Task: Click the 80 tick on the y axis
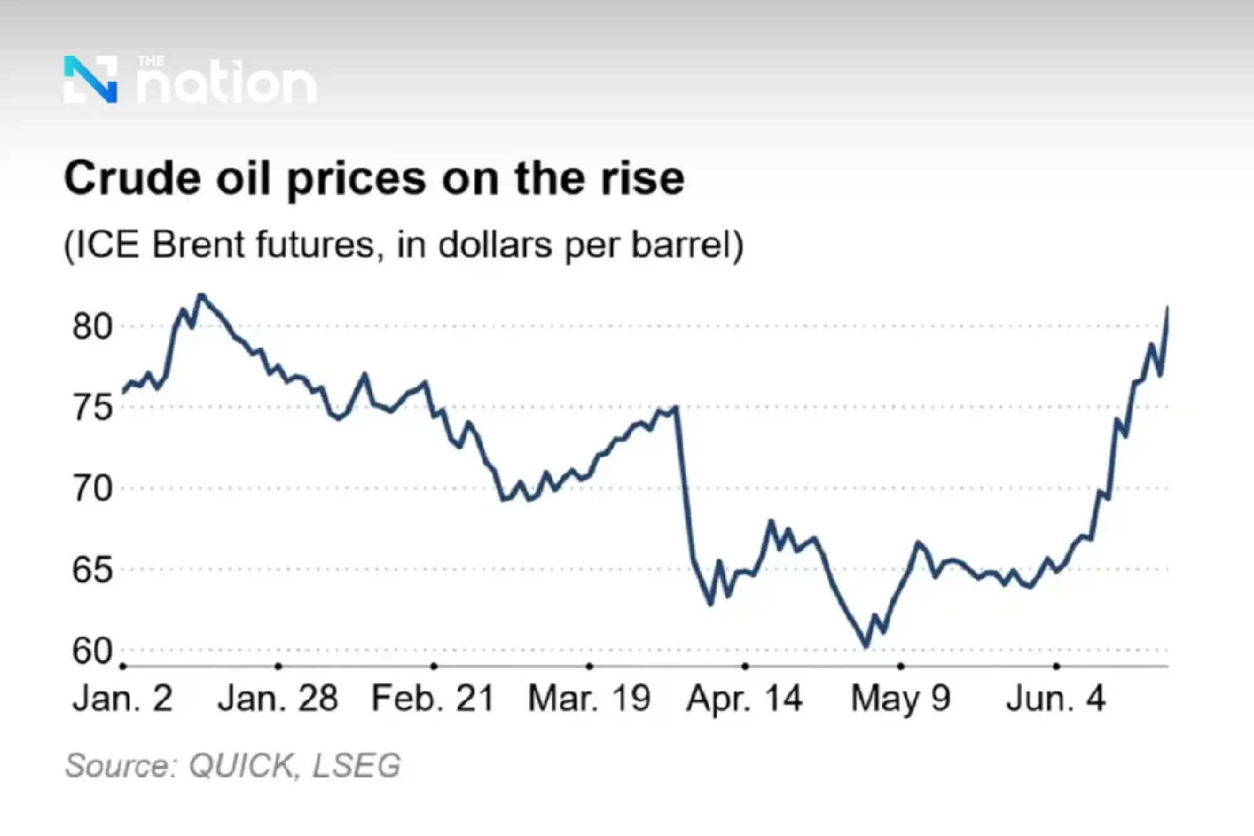(x=92, y=326)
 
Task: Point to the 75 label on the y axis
(x=92, y=408)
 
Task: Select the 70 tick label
(x=92, y=489)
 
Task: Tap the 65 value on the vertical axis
(x=92, y=569)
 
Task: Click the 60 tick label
(x=92, y=650)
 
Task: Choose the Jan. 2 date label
(x=122, y=698)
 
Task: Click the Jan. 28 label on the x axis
(x=278, y=698)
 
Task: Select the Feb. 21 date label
(x=433, y=698)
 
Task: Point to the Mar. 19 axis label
(x=589, y=698)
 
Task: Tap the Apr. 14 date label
(x=744, y=698)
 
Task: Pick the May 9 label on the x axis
(x=900, y=698)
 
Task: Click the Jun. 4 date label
(x=1056, y=698)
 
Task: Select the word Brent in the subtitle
(x=199, y=245)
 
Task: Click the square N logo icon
(x=90, y=79)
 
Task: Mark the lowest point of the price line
(x=866, y=646)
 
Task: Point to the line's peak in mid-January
(x=201, y=295)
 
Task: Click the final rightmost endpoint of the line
(x=1167, y=307)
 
